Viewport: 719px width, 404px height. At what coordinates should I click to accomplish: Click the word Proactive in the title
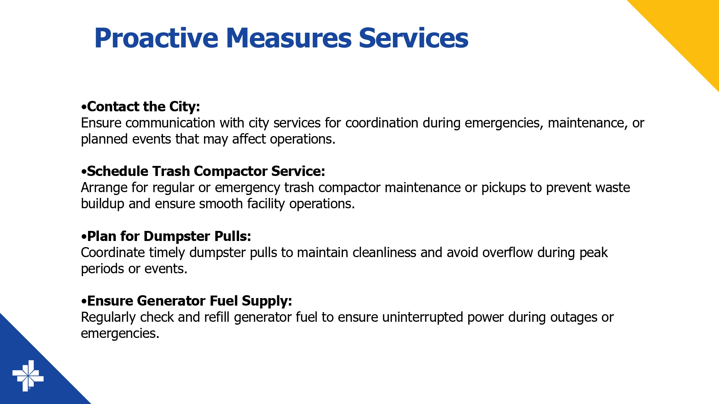[x=156, y=38]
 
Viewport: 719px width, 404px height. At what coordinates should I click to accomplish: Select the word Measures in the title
[x=289, y=38]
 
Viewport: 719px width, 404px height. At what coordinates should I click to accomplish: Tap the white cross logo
[x=28, y=376]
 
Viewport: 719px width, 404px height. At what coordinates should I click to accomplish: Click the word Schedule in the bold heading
[x=118, y=171]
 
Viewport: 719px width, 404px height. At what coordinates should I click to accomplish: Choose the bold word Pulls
[x=233, y=236]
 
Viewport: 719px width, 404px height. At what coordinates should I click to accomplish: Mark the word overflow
[x=508, y=252]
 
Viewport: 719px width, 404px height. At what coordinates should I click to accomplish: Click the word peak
[x=594, y=253]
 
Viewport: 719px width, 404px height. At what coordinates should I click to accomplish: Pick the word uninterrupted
[x=422, y=317]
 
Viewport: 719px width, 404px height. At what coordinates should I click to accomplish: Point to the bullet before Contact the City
[x=84, y=107]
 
